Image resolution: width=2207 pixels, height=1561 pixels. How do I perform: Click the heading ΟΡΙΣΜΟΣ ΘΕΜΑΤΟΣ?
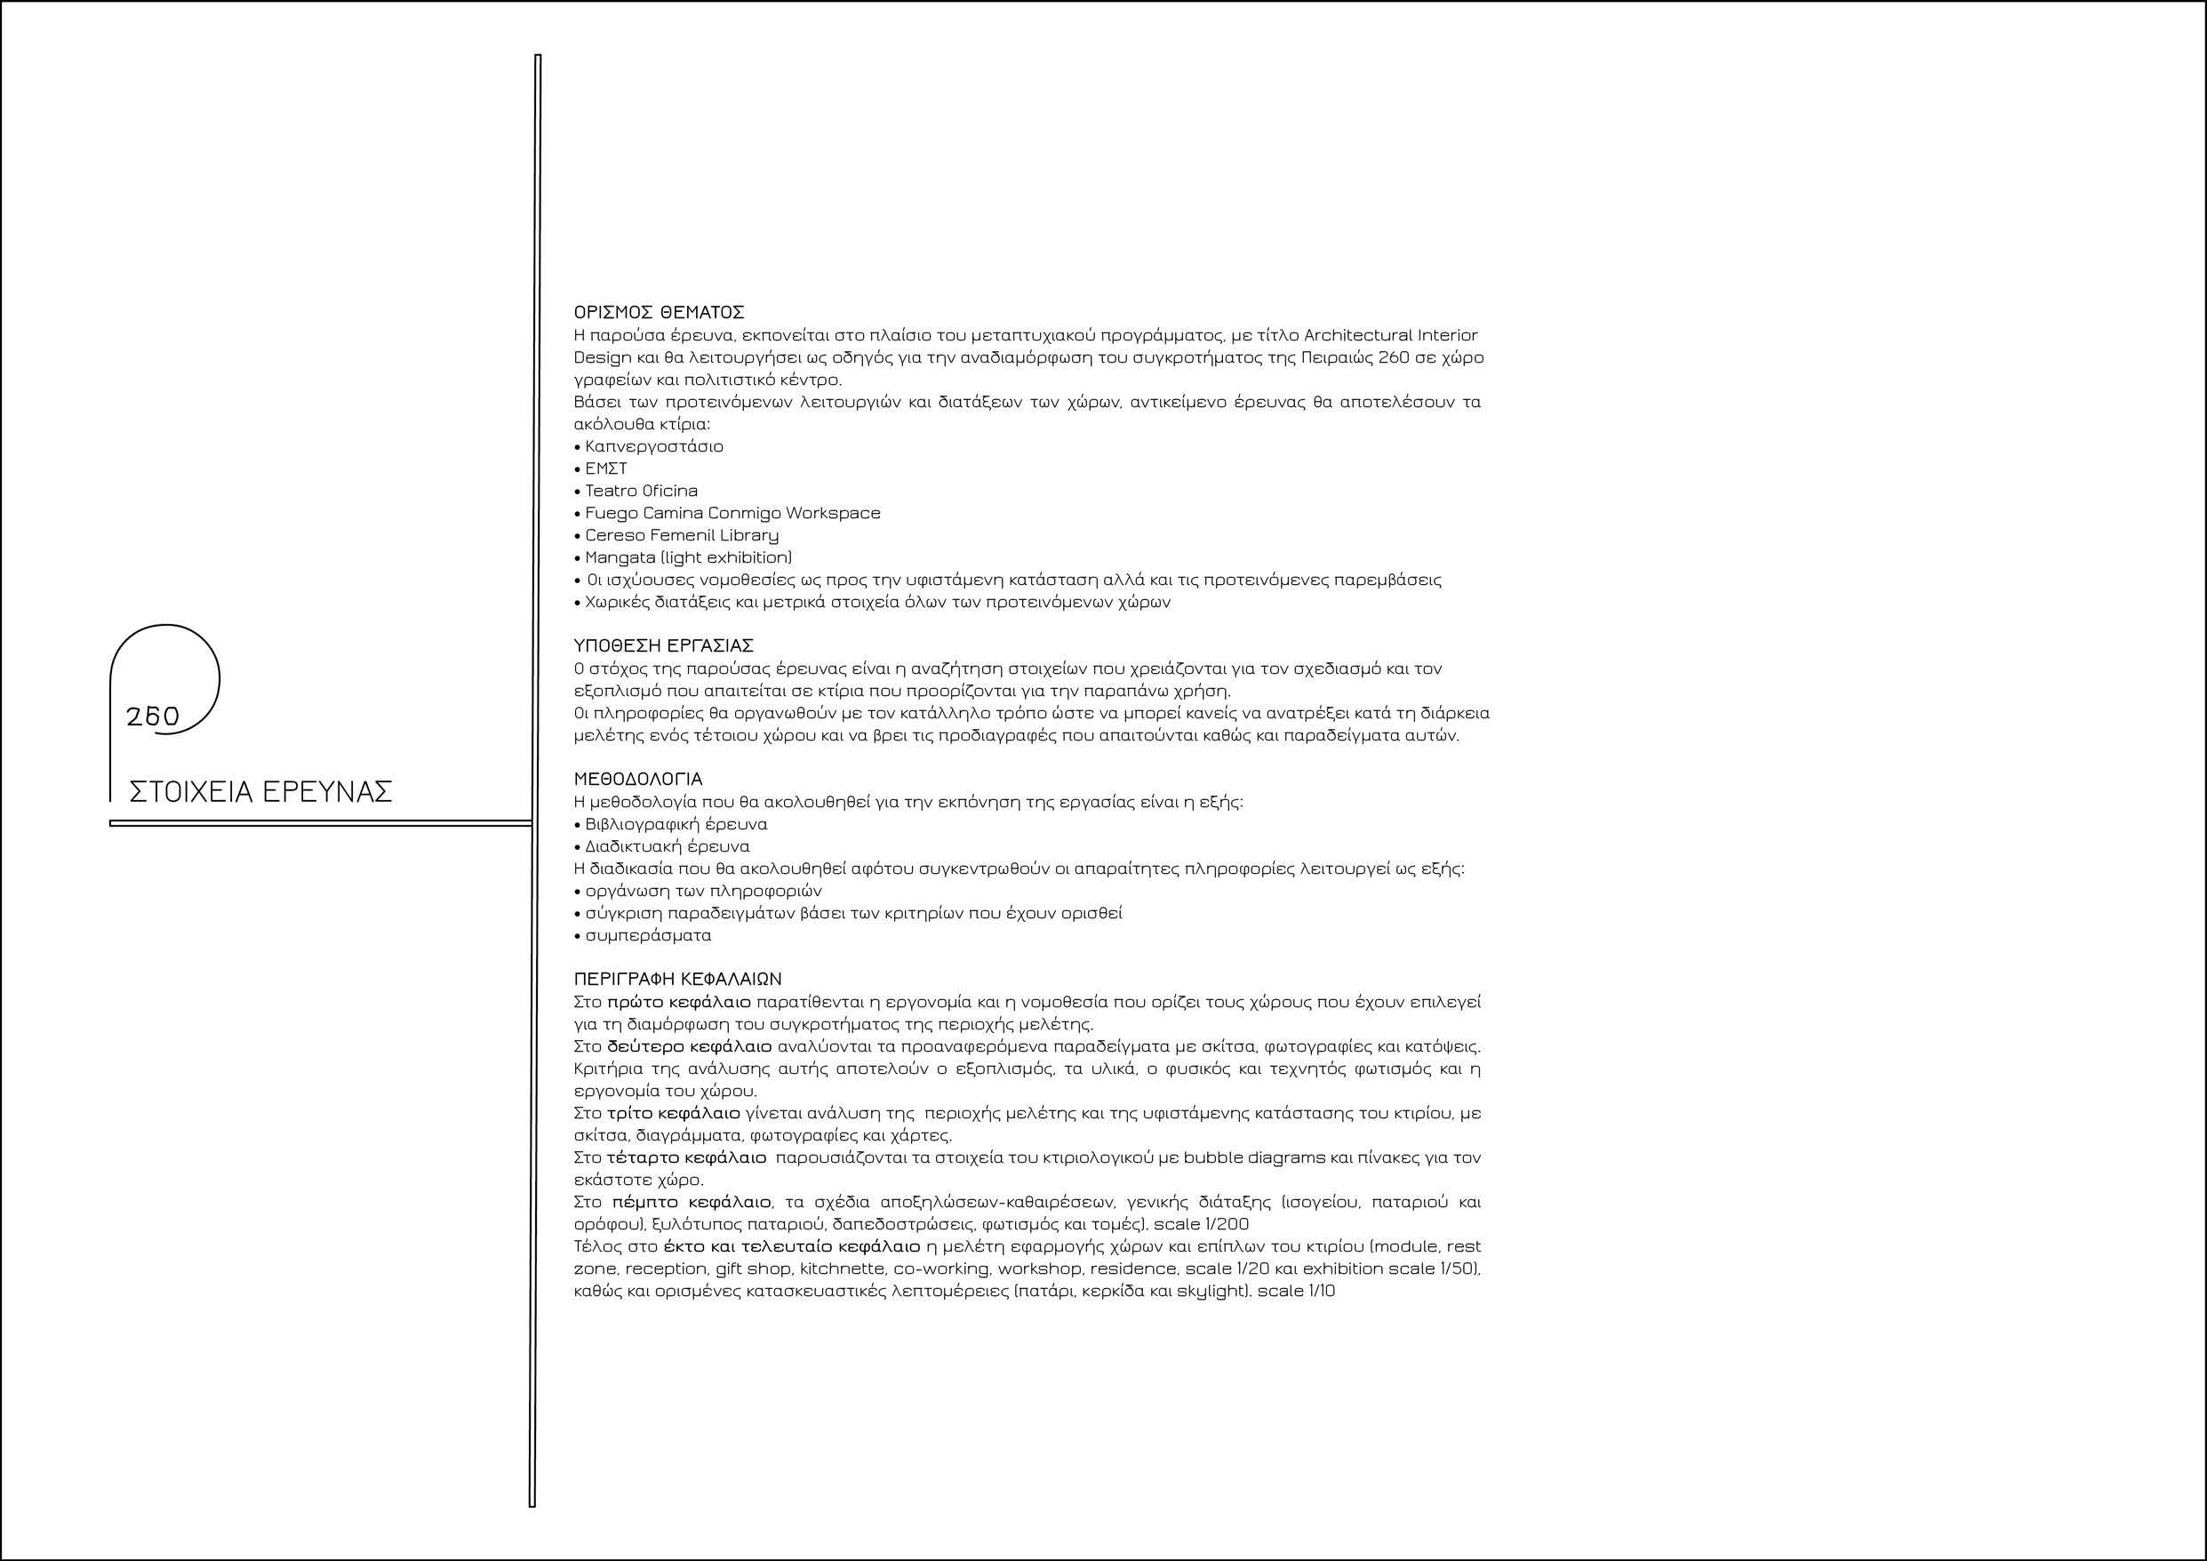(659, 312)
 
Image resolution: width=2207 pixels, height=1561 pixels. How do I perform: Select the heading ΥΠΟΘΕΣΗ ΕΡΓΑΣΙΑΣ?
(663, 645)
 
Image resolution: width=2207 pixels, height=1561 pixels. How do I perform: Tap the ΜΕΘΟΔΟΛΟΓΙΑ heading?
(638, 779)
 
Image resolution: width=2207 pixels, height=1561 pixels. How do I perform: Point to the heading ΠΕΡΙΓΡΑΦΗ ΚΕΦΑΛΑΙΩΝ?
(677, 980)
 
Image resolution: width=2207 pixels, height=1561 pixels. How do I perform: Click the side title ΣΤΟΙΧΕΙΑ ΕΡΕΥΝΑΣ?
(260, 792)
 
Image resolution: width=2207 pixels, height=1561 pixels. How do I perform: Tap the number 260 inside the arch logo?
(153, 717)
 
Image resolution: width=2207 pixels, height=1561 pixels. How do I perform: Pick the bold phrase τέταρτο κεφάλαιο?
(686, 1158)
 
